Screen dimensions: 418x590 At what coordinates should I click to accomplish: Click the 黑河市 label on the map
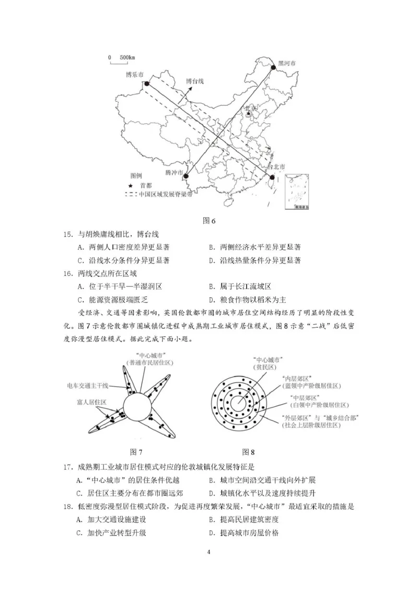pyautogui.click(x=287, y=63)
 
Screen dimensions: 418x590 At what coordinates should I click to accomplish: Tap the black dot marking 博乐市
pyautogui.click(x=147, y=83)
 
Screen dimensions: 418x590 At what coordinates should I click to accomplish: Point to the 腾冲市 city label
pyautogui.click(x=174, y=172)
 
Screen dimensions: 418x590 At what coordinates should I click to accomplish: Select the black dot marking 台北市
pyautogui.click(x=272, y=177)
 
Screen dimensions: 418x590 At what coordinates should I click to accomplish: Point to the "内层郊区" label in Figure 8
pyautogui.click(x=296, y=377)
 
